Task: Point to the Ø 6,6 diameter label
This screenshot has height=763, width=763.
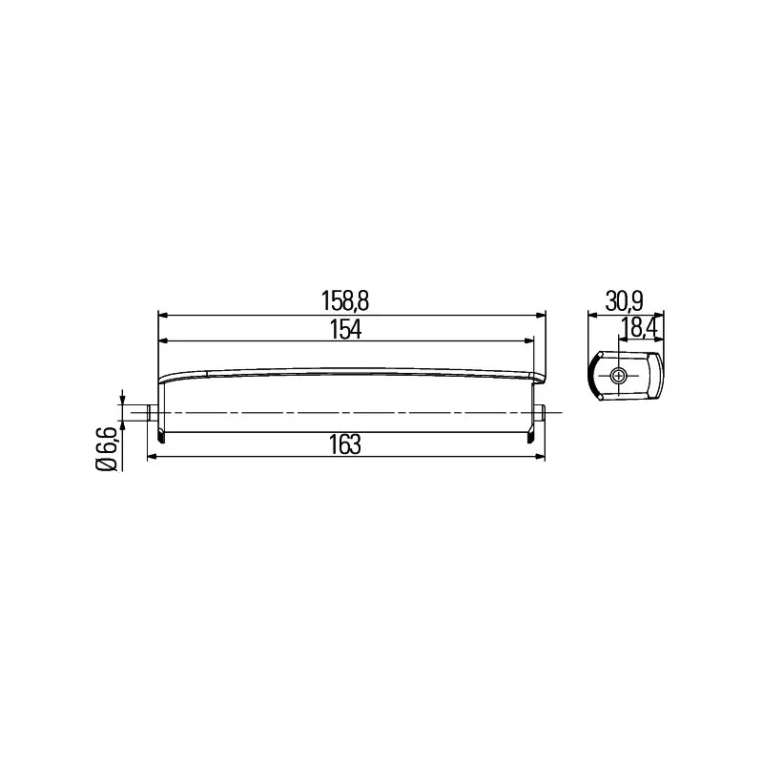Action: pos(108,449)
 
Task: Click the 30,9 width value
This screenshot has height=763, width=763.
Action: pos(623,301)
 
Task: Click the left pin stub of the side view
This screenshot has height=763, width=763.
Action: pos(153,412)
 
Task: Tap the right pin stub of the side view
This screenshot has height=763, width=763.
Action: pos(539,412)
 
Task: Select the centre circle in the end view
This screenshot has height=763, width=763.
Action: pos(619,376)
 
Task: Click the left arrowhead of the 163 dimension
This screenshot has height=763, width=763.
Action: pos(154,457)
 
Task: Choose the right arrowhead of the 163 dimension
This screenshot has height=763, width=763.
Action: pos(539,457)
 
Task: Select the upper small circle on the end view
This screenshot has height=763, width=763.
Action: pos(601,358)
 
